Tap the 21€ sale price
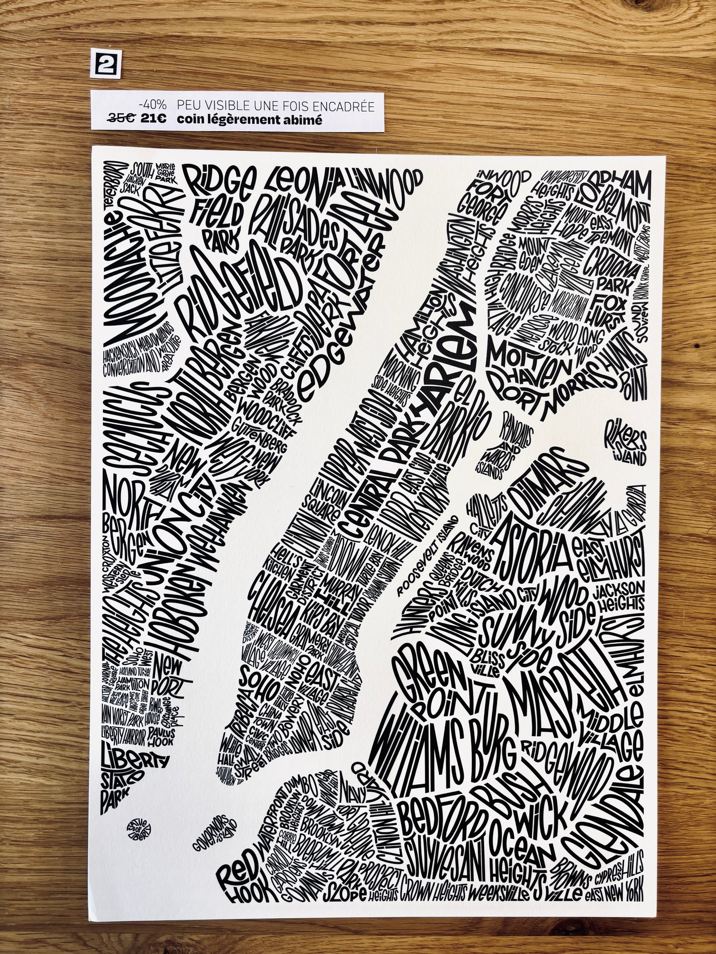154,119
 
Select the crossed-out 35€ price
122,119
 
